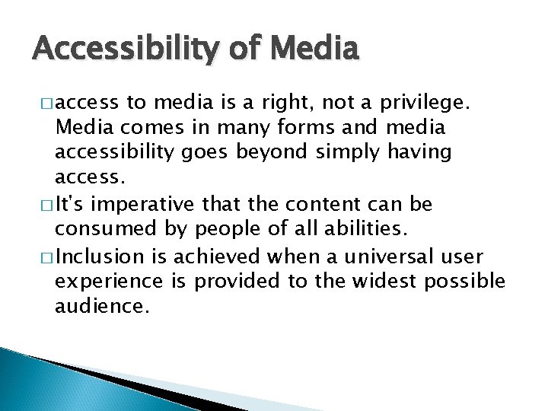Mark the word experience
click(x=109, y=282)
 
